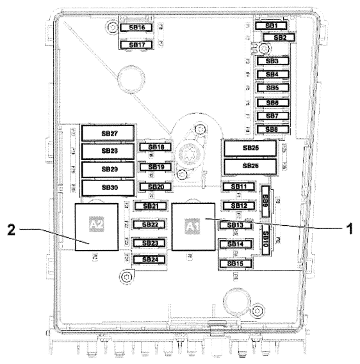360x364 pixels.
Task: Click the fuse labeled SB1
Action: point(271,26)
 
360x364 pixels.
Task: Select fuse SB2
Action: point(280,38)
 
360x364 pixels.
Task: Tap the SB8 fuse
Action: point(272,129)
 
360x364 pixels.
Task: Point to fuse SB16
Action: point(136,28)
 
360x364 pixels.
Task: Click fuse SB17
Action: point(136,45)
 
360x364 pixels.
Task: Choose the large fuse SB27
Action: point(108,133)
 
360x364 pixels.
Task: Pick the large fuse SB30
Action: point(108,187)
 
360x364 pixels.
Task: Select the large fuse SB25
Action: point(250,148)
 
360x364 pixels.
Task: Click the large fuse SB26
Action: point(250,166)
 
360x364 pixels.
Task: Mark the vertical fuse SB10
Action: point(265,237)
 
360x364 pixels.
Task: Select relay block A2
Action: point(95,226)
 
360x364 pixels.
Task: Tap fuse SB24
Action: point(149,260)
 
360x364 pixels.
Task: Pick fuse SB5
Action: point(272,88)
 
